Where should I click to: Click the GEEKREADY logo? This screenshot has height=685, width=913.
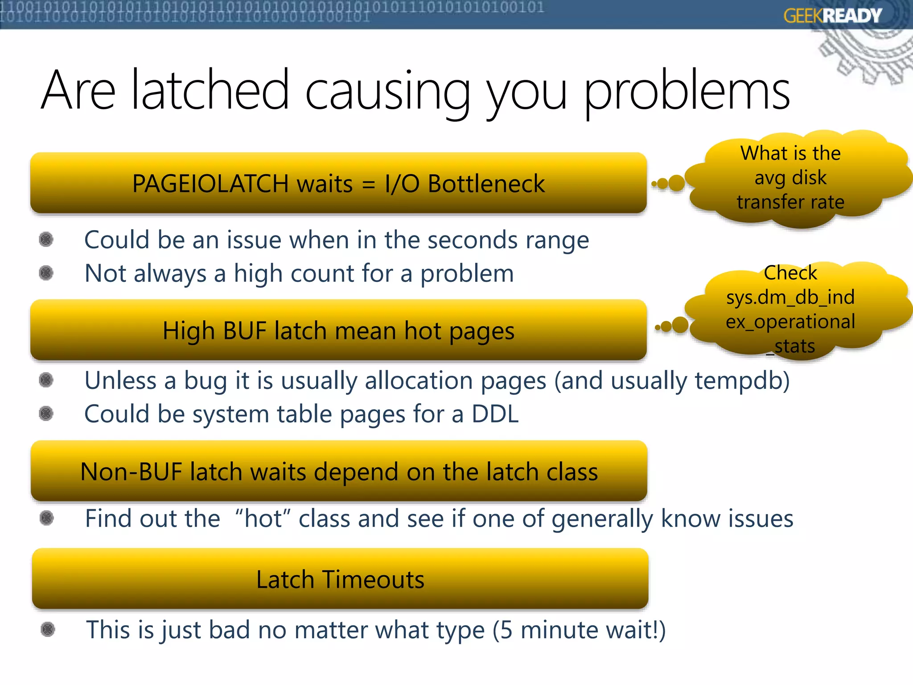(x=832, y=16)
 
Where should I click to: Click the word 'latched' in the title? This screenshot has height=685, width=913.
(x=210, y=90)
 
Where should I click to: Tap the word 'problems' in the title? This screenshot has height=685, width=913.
(x=687, y=91)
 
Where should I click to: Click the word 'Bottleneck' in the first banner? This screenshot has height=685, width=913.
(x=486, y=184)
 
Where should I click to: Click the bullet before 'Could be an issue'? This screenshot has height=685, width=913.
(x=46, y=239)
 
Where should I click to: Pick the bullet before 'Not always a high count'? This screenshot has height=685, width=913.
(x=46, y=273)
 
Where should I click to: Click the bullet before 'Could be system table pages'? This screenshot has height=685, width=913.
(x=46, y=413)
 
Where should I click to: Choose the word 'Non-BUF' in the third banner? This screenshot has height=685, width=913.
(x=131, y=472)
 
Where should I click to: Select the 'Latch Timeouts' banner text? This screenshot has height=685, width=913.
(x=340, y=579)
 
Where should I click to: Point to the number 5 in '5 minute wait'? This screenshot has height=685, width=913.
(x=506, y=630)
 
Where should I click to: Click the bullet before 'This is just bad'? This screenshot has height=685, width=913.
(x=48, y=629)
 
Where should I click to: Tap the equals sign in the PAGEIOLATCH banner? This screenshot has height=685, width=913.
(x=369, y=184)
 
